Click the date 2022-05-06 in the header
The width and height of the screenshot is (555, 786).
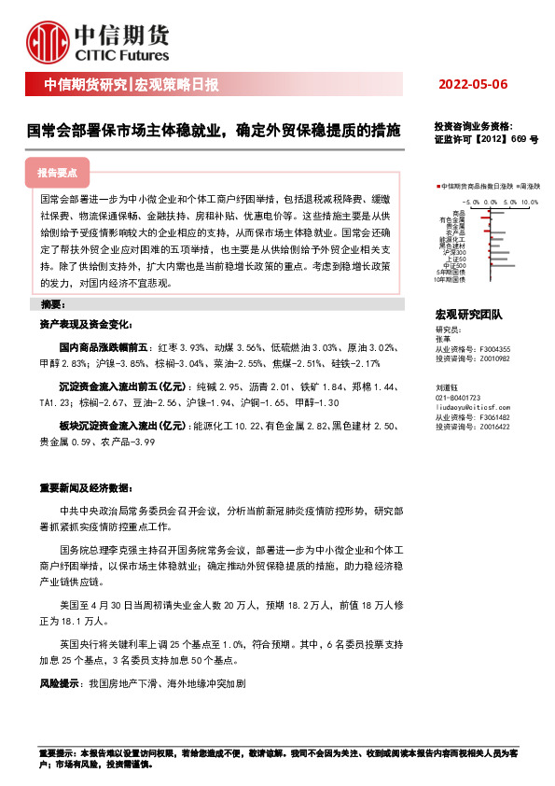click(473, 85)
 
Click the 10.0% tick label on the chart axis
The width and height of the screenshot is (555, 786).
click(531, 201)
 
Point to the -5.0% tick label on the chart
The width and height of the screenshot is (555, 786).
click(471, 201)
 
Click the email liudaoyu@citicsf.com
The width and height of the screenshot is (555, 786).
click(470, 382)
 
